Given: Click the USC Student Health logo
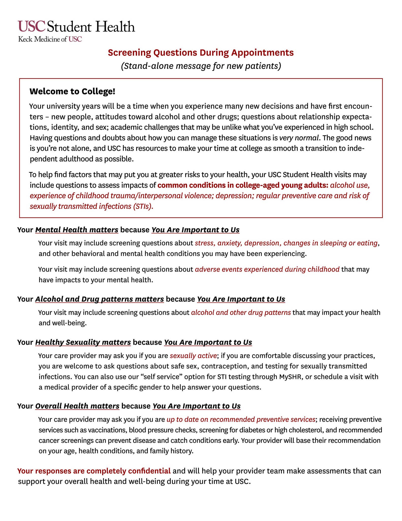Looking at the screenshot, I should (76, 27).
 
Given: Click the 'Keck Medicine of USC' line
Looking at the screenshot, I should (50, 39).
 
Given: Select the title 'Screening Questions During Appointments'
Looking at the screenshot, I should (201, 53).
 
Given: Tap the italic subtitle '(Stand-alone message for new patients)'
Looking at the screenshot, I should (201, 66).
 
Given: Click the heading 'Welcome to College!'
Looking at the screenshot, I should (72, 91).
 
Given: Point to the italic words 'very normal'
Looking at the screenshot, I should (299, 138).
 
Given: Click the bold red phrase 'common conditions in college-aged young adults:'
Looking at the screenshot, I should (243, 185).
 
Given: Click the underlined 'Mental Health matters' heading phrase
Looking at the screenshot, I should (77, 230).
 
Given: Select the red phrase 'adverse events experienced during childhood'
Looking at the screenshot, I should (267, 269).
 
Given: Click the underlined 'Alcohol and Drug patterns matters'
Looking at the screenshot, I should (99, 299).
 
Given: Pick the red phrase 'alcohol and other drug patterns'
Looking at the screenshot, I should (241, 312).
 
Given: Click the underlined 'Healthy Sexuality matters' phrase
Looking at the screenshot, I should (83, 342).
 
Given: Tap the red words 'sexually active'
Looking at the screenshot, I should (193, 355).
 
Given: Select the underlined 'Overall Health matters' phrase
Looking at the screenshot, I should (77, 406).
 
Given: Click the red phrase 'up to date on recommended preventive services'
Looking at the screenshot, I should (241, 419).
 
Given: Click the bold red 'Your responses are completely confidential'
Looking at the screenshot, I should (94, 471).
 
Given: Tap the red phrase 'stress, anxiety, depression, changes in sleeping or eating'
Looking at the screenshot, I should (286, 243).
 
